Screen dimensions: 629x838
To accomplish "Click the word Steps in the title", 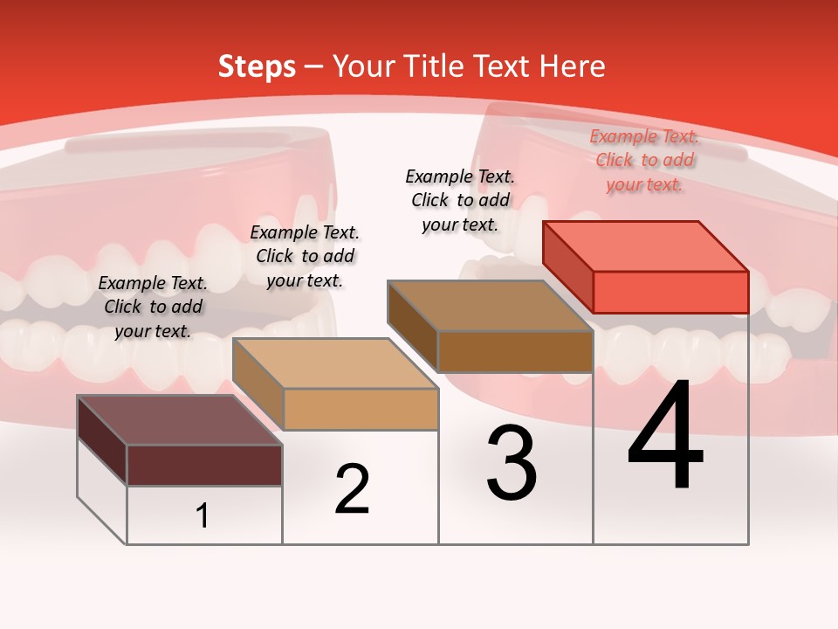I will coord(257,66).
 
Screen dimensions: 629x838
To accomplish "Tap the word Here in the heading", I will coord(572,66).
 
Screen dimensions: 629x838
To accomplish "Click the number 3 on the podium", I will coord(512,463).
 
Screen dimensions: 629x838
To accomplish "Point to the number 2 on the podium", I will coord(352,489).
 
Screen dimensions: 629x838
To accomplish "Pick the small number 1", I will coord(203,516).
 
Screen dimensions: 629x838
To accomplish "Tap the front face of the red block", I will coord(670,292).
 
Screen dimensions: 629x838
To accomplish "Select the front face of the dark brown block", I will coord(515,351).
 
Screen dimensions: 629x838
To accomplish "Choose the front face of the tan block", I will coord(361,409).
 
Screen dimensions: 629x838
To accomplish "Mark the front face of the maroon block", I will coord(204,465).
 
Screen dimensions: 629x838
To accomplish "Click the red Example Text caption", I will coord(644,160).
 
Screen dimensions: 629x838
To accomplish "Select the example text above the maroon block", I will coord(153,307).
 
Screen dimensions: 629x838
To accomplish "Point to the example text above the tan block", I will coord(305,256).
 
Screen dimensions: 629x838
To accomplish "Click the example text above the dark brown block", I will coord(460,200).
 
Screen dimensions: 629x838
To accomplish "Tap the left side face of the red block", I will coord(567,266).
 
